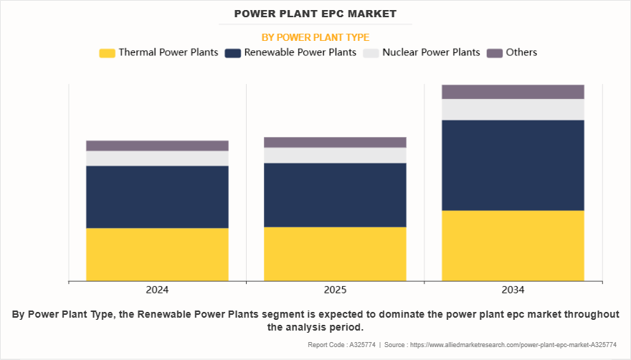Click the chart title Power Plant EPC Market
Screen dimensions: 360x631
coord(315,14)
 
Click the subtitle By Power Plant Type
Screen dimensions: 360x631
coord(315,37)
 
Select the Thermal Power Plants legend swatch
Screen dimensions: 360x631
coord(107,52)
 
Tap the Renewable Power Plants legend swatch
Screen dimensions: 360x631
coord(232,52)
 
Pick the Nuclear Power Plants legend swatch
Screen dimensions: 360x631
coord(371,52)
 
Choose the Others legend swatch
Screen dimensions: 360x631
coord(494,52)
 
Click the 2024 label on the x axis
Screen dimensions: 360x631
coord(157,290)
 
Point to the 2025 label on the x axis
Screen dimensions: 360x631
coord(335,290)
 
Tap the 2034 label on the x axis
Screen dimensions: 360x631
coord(513,290)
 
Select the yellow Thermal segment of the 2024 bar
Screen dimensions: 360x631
coord(157,254)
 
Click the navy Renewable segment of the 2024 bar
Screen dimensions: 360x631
coord(157,196)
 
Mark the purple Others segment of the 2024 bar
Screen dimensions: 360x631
coord(157,146)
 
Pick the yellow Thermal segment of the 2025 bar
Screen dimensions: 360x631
coord(335,253)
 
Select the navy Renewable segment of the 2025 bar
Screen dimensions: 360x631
coord(335,194)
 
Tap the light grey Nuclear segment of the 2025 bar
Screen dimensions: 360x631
coord(335,155)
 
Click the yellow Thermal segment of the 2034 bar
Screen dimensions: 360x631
coord(513,245)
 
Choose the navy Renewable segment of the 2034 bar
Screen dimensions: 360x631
coord(513,165)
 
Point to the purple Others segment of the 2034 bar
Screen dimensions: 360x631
coord(513,91)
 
